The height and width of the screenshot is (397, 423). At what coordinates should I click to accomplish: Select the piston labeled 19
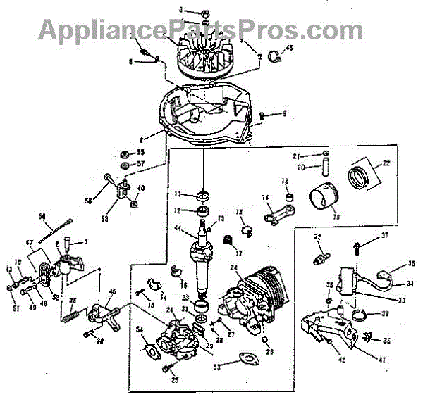pyautogui.click(x=326, y=198)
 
